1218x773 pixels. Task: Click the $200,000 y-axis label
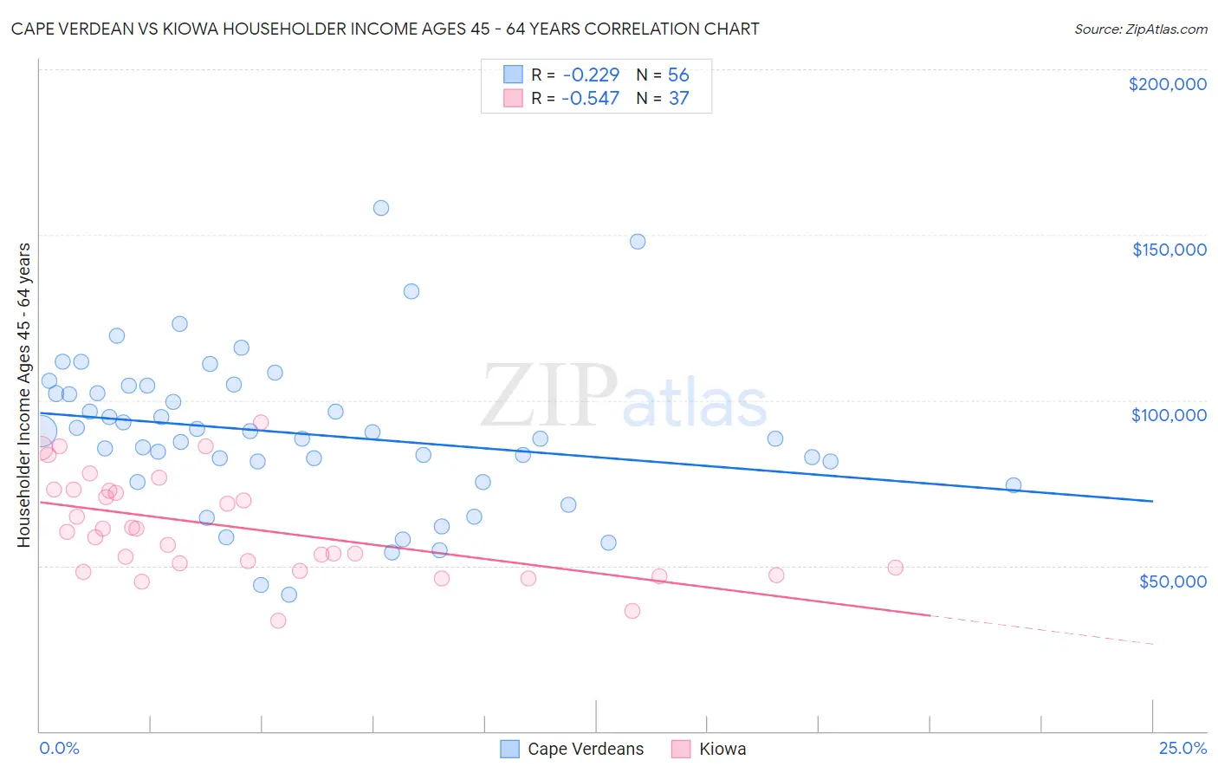[1167, 84]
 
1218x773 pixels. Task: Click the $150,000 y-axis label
[1169, 250]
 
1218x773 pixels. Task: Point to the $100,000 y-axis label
[1169, 415]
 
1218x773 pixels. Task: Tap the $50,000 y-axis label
[1172, 581]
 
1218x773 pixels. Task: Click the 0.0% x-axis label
[60, 748]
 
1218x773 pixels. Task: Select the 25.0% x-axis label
[1182, 748]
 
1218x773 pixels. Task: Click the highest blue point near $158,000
[381, 208]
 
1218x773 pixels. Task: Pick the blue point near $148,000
[638, 242]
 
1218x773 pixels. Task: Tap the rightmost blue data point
[1014, 485]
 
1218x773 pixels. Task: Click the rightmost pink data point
[896, 568]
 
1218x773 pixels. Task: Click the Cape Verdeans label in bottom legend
[586, 749]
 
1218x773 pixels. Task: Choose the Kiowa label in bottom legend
[722, 749]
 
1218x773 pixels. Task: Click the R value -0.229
[591, 75]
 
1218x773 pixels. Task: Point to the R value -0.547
[591, 99]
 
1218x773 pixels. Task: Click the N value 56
[678, 75]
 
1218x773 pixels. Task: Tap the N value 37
[678, 99]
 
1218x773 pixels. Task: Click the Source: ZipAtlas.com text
[1140, 29]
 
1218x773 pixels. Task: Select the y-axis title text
[24, 395]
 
